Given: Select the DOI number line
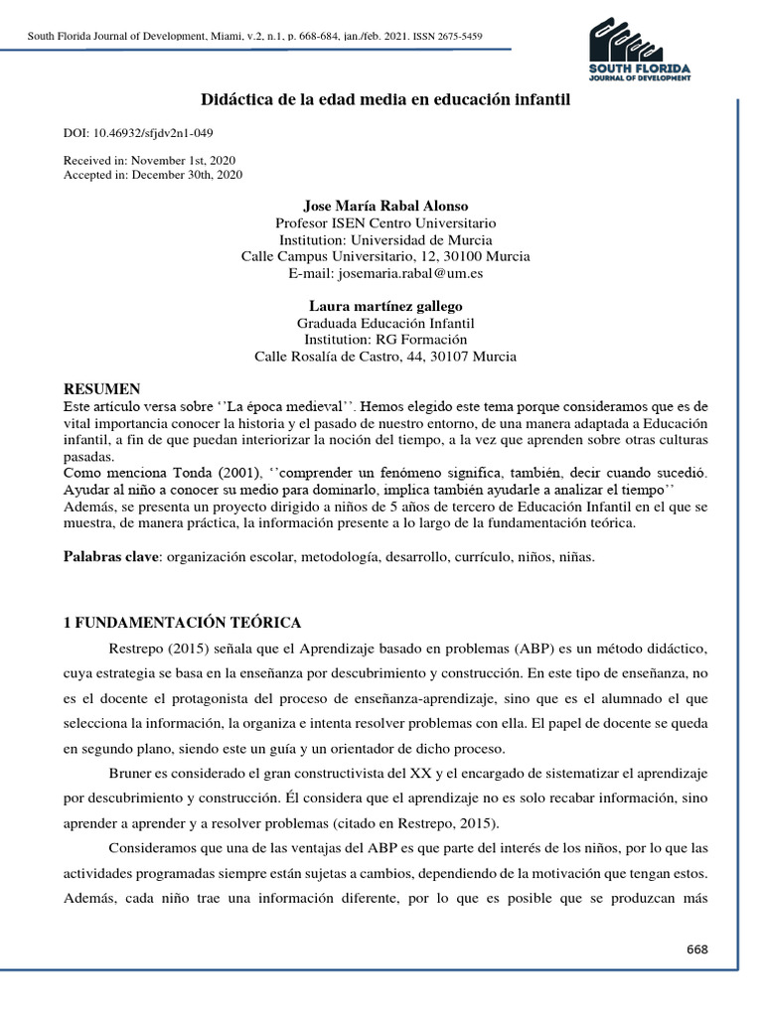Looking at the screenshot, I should coord(138,133).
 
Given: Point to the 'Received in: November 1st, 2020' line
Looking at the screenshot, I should coord(149,160).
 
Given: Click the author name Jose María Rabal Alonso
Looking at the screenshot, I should coord(385,206).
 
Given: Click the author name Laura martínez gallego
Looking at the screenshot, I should coord(385,306).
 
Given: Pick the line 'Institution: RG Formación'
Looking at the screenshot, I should coord(385,340).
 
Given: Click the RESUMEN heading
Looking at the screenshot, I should coord(102,388).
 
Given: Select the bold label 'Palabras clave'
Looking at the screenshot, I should coord(111,557).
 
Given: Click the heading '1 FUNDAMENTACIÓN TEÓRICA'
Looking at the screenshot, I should coord(182,623).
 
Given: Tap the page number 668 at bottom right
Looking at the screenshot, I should coord(697,948).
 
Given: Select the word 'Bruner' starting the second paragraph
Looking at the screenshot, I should coord(129,773).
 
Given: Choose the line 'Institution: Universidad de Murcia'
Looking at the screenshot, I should coord(385,239).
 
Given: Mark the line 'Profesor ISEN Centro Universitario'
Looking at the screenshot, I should coord(385,222).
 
